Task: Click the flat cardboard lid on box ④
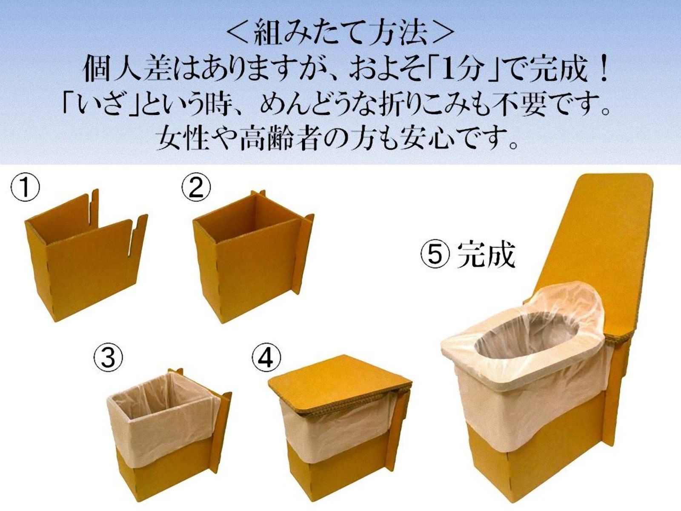point(336,383)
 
